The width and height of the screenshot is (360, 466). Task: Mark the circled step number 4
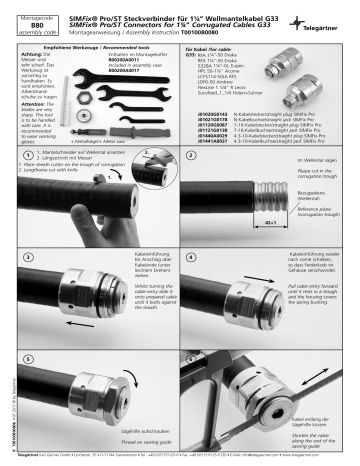[x=190, y=257]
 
